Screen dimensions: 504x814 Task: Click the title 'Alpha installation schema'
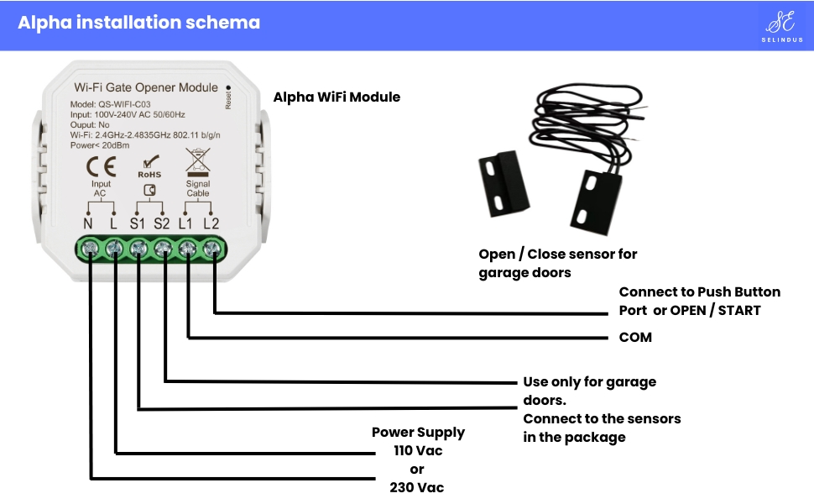coord(138,23)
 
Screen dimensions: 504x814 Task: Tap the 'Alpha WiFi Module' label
coord(337,97)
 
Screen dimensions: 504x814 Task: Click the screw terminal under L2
coord(213,248)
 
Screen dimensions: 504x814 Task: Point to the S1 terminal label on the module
coord(138,223)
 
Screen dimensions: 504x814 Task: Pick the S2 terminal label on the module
coord(162,223)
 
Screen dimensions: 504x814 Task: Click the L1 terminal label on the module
coord(187,223)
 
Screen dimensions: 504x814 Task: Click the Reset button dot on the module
coord(228,87)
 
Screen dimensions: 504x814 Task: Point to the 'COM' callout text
coord(635,338)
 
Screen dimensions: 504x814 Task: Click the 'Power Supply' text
coord(418,433)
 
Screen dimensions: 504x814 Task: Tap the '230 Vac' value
coord(417,487)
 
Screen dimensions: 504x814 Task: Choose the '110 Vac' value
coord(418,451)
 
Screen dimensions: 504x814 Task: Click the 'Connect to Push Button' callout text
coord(699,292)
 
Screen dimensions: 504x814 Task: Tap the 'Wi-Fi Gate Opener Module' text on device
coord(146,87)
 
